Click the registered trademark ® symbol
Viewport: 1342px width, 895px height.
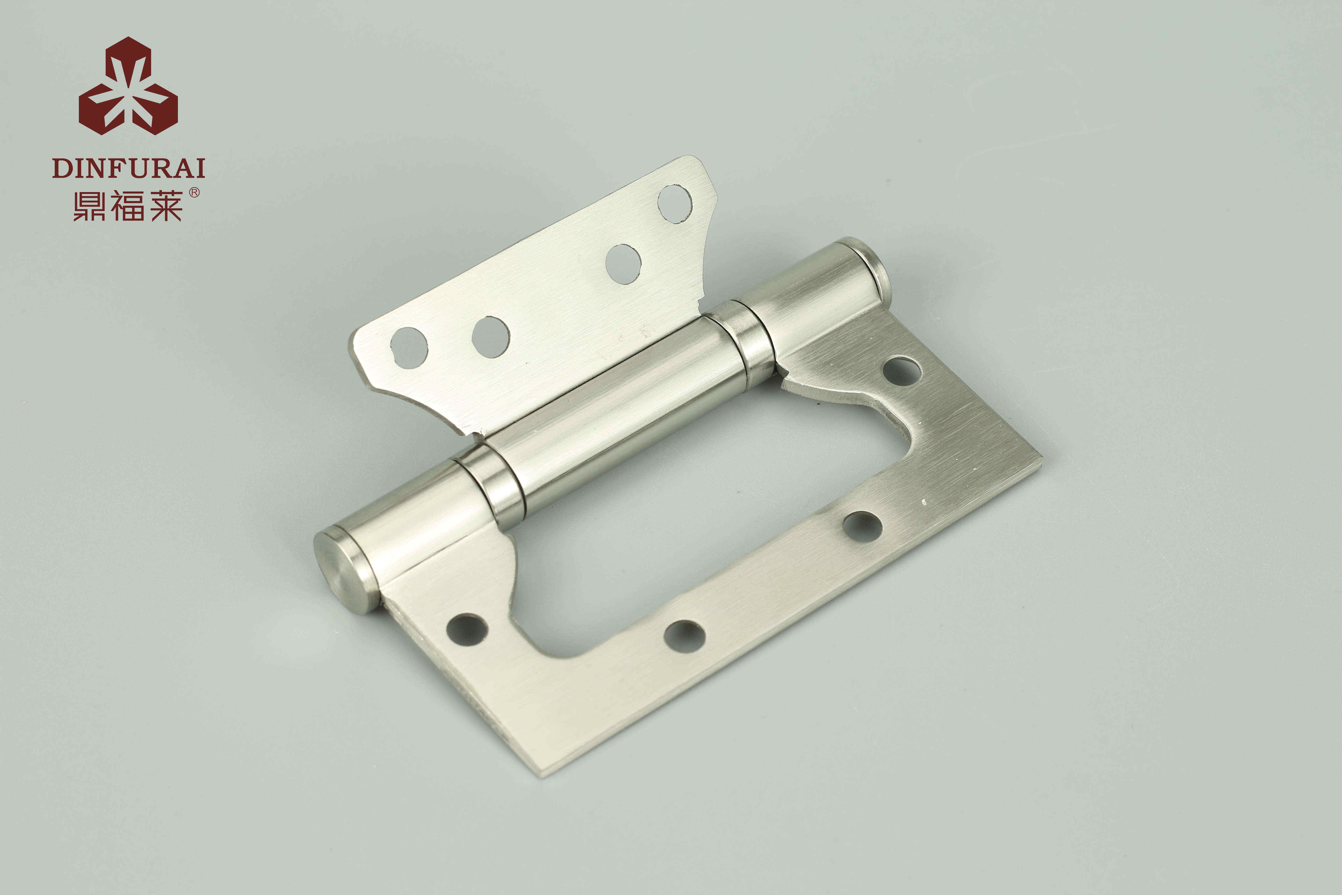pyautogui.click(x=194, y=193)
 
